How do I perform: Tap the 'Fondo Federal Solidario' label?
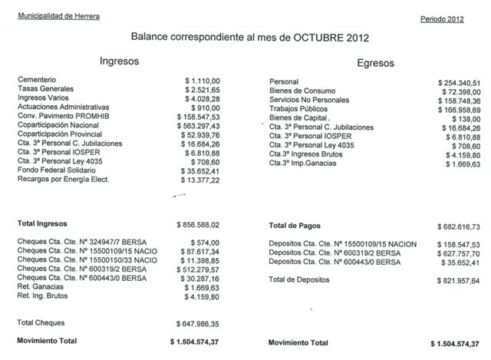53,170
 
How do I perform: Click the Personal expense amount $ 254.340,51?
459,82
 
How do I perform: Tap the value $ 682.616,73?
458,227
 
